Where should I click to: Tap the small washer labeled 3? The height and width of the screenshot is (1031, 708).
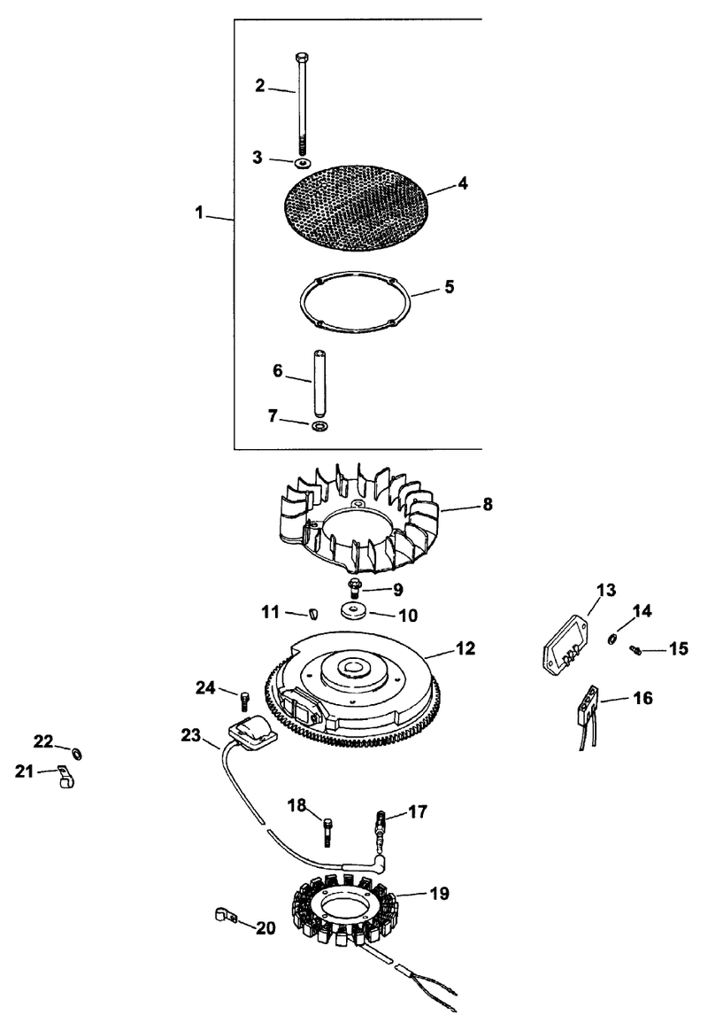click(302, 162)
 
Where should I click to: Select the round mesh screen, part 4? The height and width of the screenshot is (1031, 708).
click(355, 205)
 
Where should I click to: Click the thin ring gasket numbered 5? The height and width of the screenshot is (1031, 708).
click(355, 302)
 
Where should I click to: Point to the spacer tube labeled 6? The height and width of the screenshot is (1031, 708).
click(319, 383)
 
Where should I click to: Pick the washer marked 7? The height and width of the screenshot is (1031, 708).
click(319, 427)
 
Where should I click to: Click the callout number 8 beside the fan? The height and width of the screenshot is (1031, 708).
click(488, 504)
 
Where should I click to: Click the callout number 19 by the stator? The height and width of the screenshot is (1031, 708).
click(439, 894)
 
